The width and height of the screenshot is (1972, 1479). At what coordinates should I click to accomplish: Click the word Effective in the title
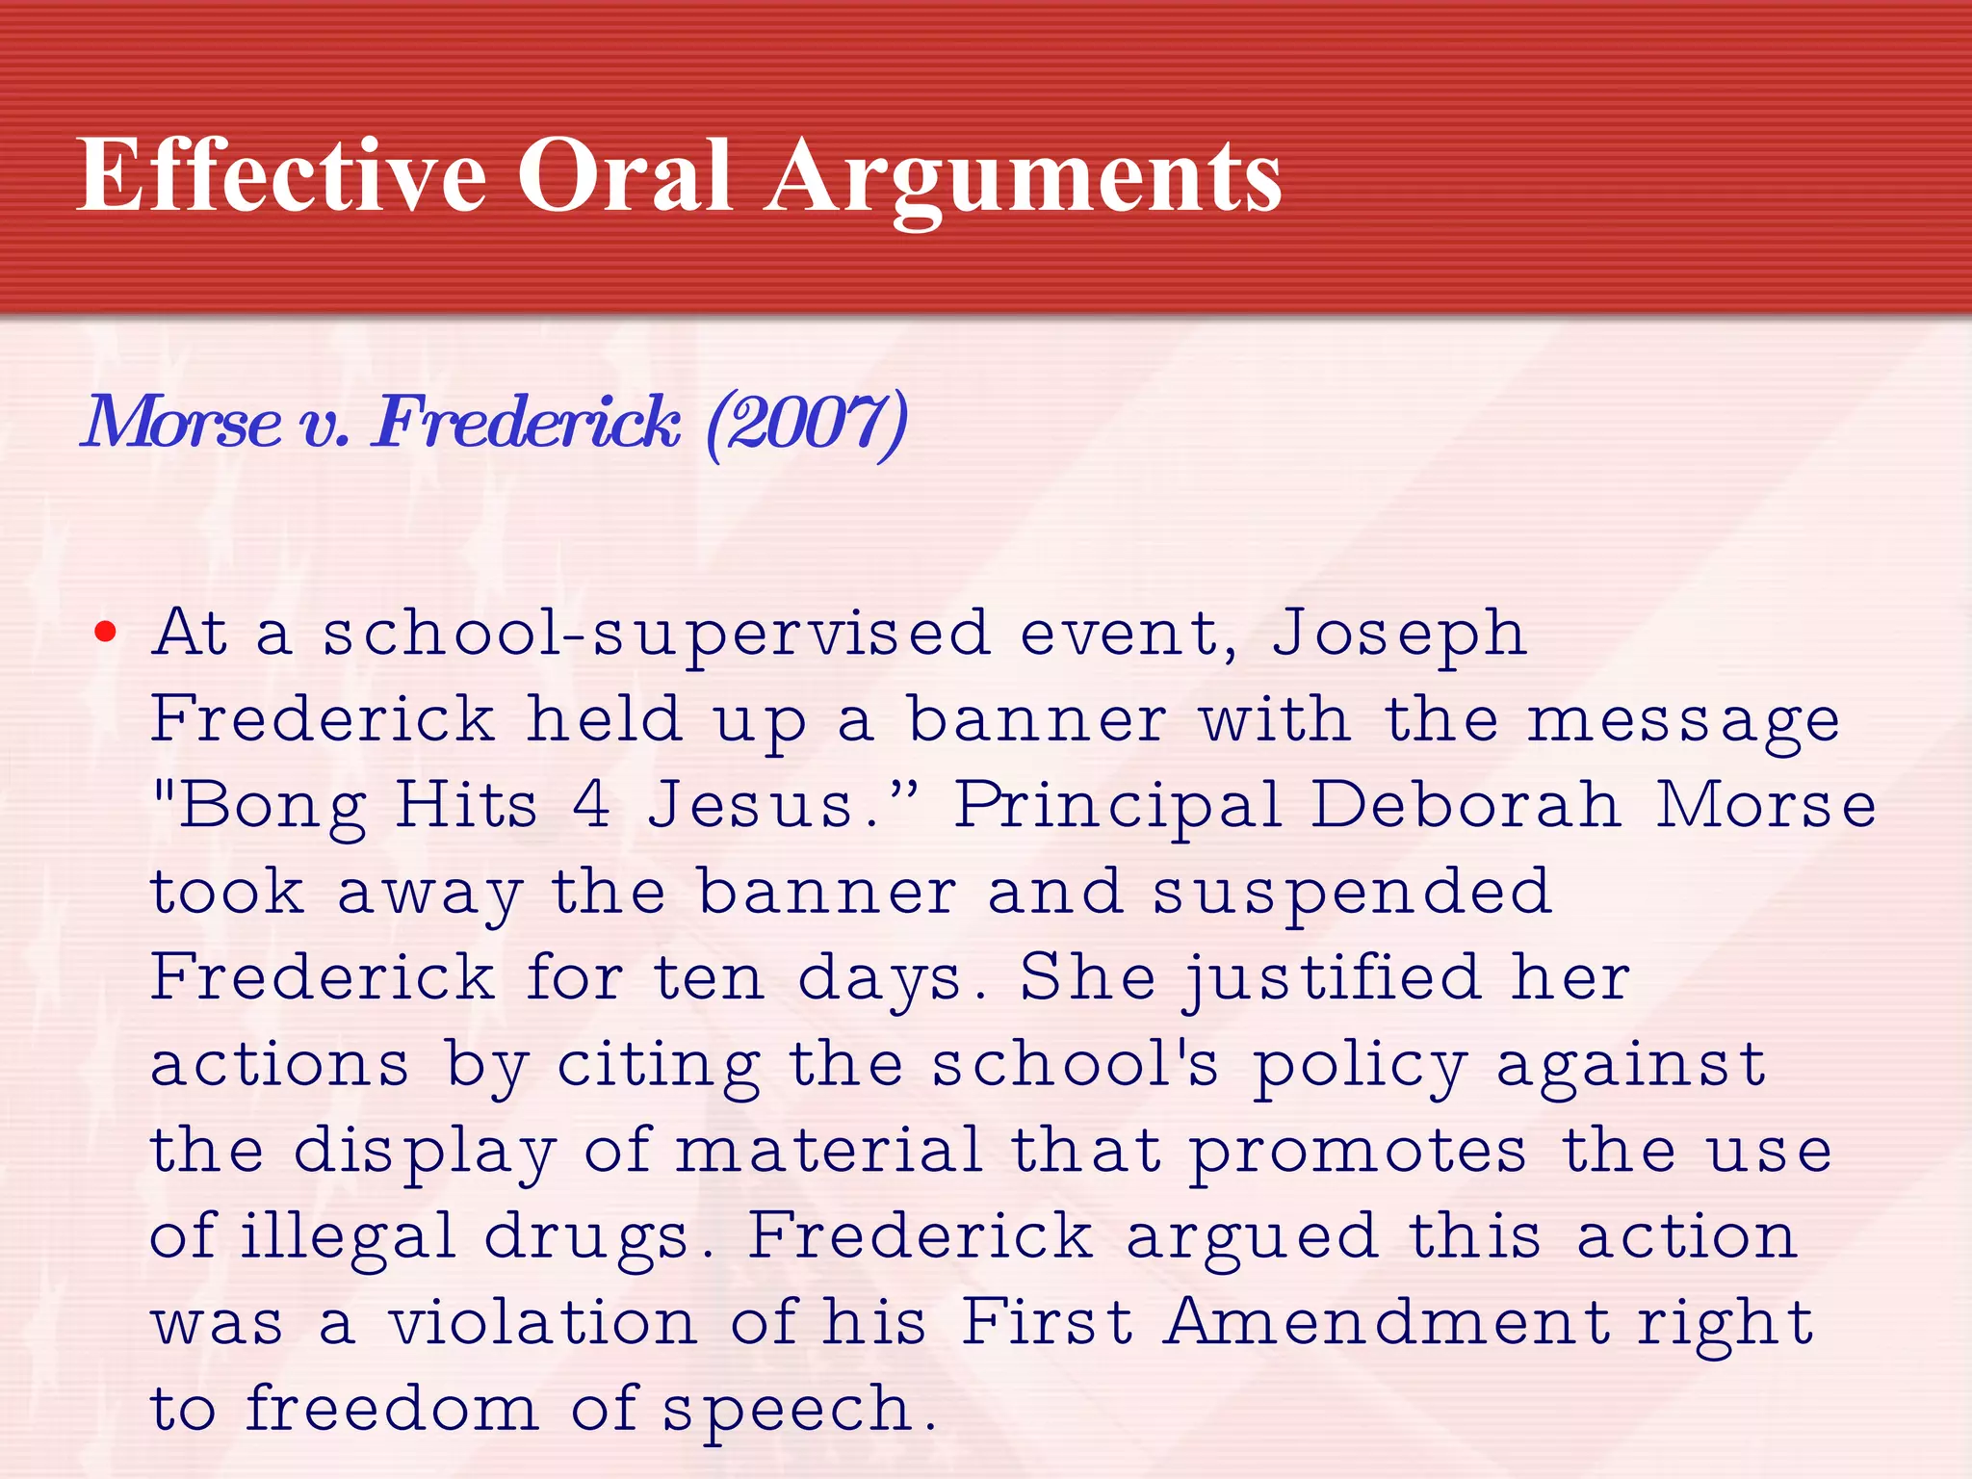pos(281,175)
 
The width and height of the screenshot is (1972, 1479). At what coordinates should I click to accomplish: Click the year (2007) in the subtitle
pos(807,424)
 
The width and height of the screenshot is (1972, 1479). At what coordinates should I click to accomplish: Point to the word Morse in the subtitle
pos(181,424)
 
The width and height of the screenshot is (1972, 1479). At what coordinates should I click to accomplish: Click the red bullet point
pos(105,633)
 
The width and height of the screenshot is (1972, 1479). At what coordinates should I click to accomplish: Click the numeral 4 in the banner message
pos(591,805)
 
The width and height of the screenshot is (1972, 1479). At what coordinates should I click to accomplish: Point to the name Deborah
pos(1466,805)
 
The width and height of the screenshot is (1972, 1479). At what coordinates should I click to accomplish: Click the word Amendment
pos(1387,1321)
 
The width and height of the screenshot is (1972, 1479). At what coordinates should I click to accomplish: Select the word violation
pos(543,1323)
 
